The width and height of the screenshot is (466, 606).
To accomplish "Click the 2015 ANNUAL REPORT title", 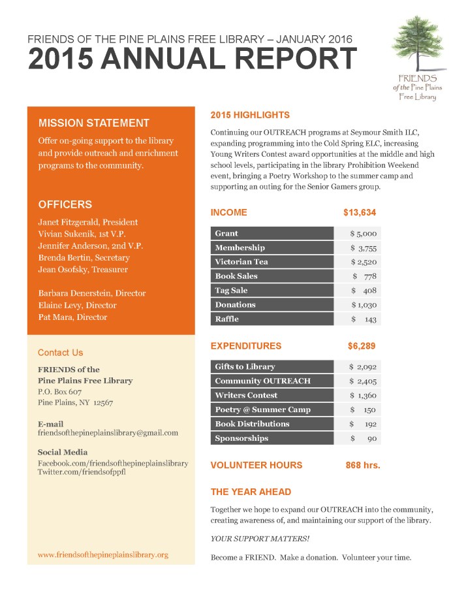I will coord(192,60).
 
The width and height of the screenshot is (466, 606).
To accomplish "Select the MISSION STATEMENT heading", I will coord(93,123).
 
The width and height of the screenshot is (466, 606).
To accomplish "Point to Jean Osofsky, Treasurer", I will coord(82,269).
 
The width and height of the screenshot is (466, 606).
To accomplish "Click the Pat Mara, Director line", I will coord(72,317).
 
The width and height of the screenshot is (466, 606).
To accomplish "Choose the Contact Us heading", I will coord(60,353).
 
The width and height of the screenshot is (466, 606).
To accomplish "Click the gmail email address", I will coord(108,432).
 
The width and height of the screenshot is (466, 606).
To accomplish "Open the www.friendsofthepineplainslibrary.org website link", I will coord(103,554).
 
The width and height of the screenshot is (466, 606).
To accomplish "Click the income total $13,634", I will coord(359,212).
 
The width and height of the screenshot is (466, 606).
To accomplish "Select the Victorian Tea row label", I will coord(241,262).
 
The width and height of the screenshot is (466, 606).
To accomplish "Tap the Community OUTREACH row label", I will coord(262,381).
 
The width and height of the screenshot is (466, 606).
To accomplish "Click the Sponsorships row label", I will coord(241,438).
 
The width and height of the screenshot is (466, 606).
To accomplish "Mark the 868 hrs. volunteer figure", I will coord(362,466).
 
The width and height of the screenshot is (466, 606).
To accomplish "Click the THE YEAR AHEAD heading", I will coord(251,492).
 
